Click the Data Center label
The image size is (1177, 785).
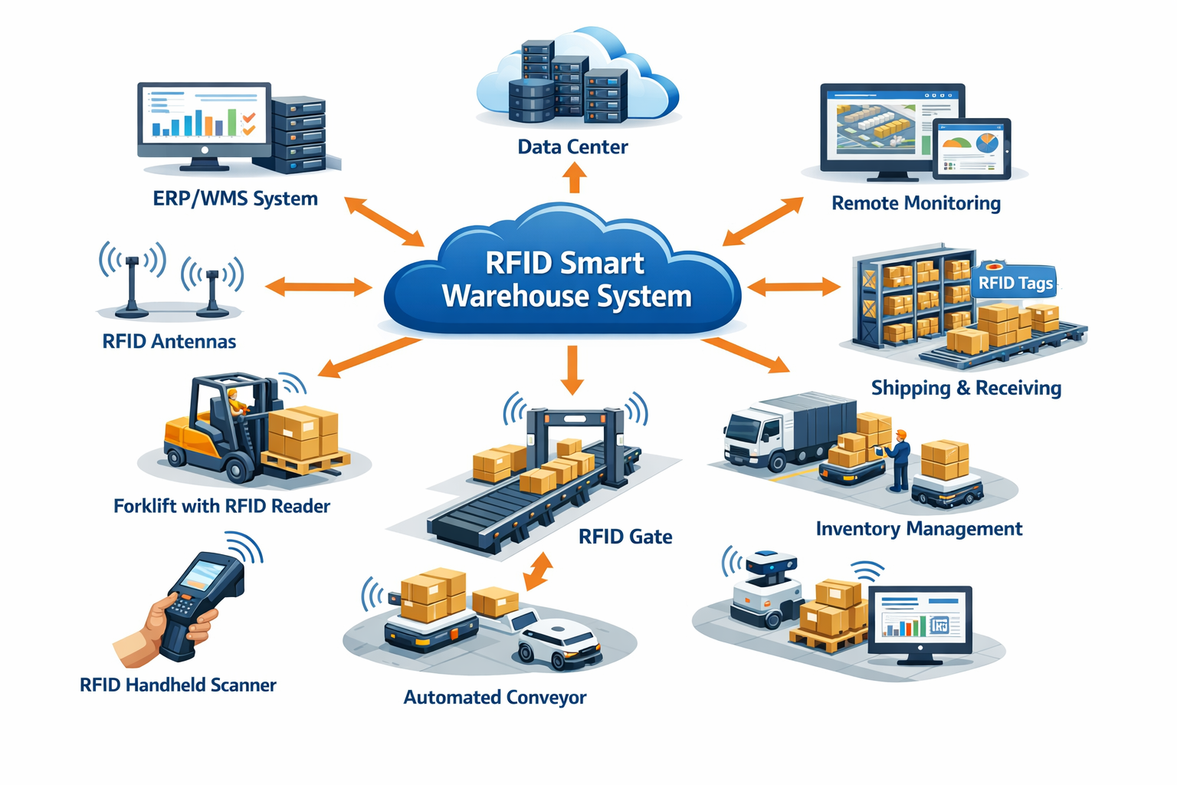(572, 146)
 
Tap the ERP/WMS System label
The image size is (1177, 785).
(234, 199)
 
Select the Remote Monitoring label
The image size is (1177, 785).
(916, 203)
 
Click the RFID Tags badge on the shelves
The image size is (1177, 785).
(1015, 283)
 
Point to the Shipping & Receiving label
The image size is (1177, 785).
(966, 388)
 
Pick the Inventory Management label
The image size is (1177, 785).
(919, 529)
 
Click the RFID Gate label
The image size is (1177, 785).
(625, 537)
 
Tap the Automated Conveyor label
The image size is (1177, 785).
(495, 697)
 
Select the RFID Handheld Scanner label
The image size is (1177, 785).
(178, 685)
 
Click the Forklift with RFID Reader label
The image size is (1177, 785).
(221, 506)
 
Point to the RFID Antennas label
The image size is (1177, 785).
(169, 341)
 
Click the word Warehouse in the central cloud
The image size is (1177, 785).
(514, 297)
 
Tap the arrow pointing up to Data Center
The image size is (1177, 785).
(573, 179)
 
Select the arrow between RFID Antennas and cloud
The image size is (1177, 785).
(318, 287)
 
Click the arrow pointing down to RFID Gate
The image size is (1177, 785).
(571, 370)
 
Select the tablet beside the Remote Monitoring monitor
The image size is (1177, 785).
(972, 149)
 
